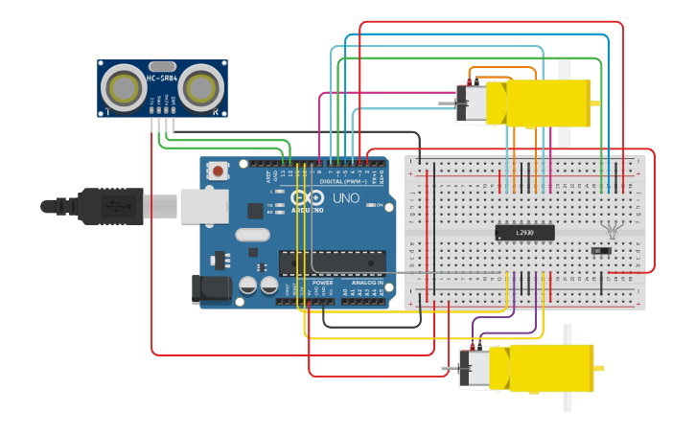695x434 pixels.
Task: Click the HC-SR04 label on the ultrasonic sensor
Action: click(x=162, y=76)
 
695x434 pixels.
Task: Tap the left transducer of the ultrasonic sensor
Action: click(x=125, y=87)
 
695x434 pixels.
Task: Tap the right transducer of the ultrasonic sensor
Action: click(x=200, y=87)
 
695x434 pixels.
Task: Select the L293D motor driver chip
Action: click(x=524, y=232)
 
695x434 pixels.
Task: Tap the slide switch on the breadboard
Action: click(x=601, y=251)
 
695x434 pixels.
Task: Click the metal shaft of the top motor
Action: click(x=447, y=103)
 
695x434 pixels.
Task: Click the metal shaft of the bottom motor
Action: click(x=450, y=368)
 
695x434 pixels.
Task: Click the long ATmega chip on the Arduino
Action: click(x=332, y=262)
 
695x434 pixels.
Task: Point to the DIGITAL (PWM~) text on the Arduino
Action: click(x=344, y=180)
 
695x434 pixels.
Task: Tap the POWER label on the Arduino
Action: click(x=322, y=284)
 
